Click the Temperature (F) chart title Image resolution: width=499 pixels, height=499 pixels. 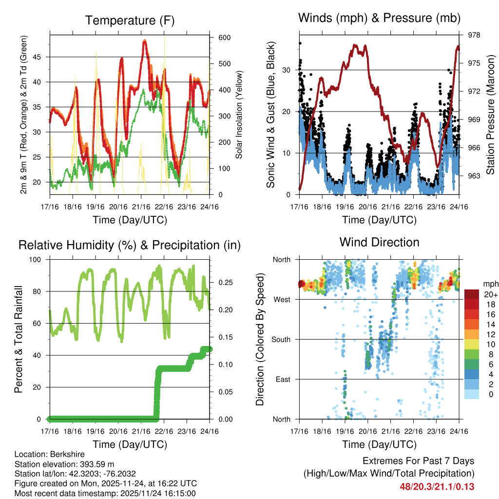point(130,20)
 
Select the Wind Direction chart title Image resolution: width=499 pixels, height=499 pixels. point(379,242)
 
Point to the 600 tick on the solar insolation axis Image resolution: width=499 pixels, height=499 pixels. point(219,38)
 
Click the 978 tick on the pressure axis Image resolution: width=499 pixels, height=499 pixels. point(474,35)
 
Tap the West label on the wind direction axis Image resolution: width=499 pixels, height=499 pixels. point(282,299)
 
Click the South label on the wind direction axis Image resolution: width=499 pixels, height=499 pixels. point(281,339)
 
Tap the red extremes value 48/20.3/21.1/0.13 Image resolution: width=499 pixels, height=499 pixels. point(437,487)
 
